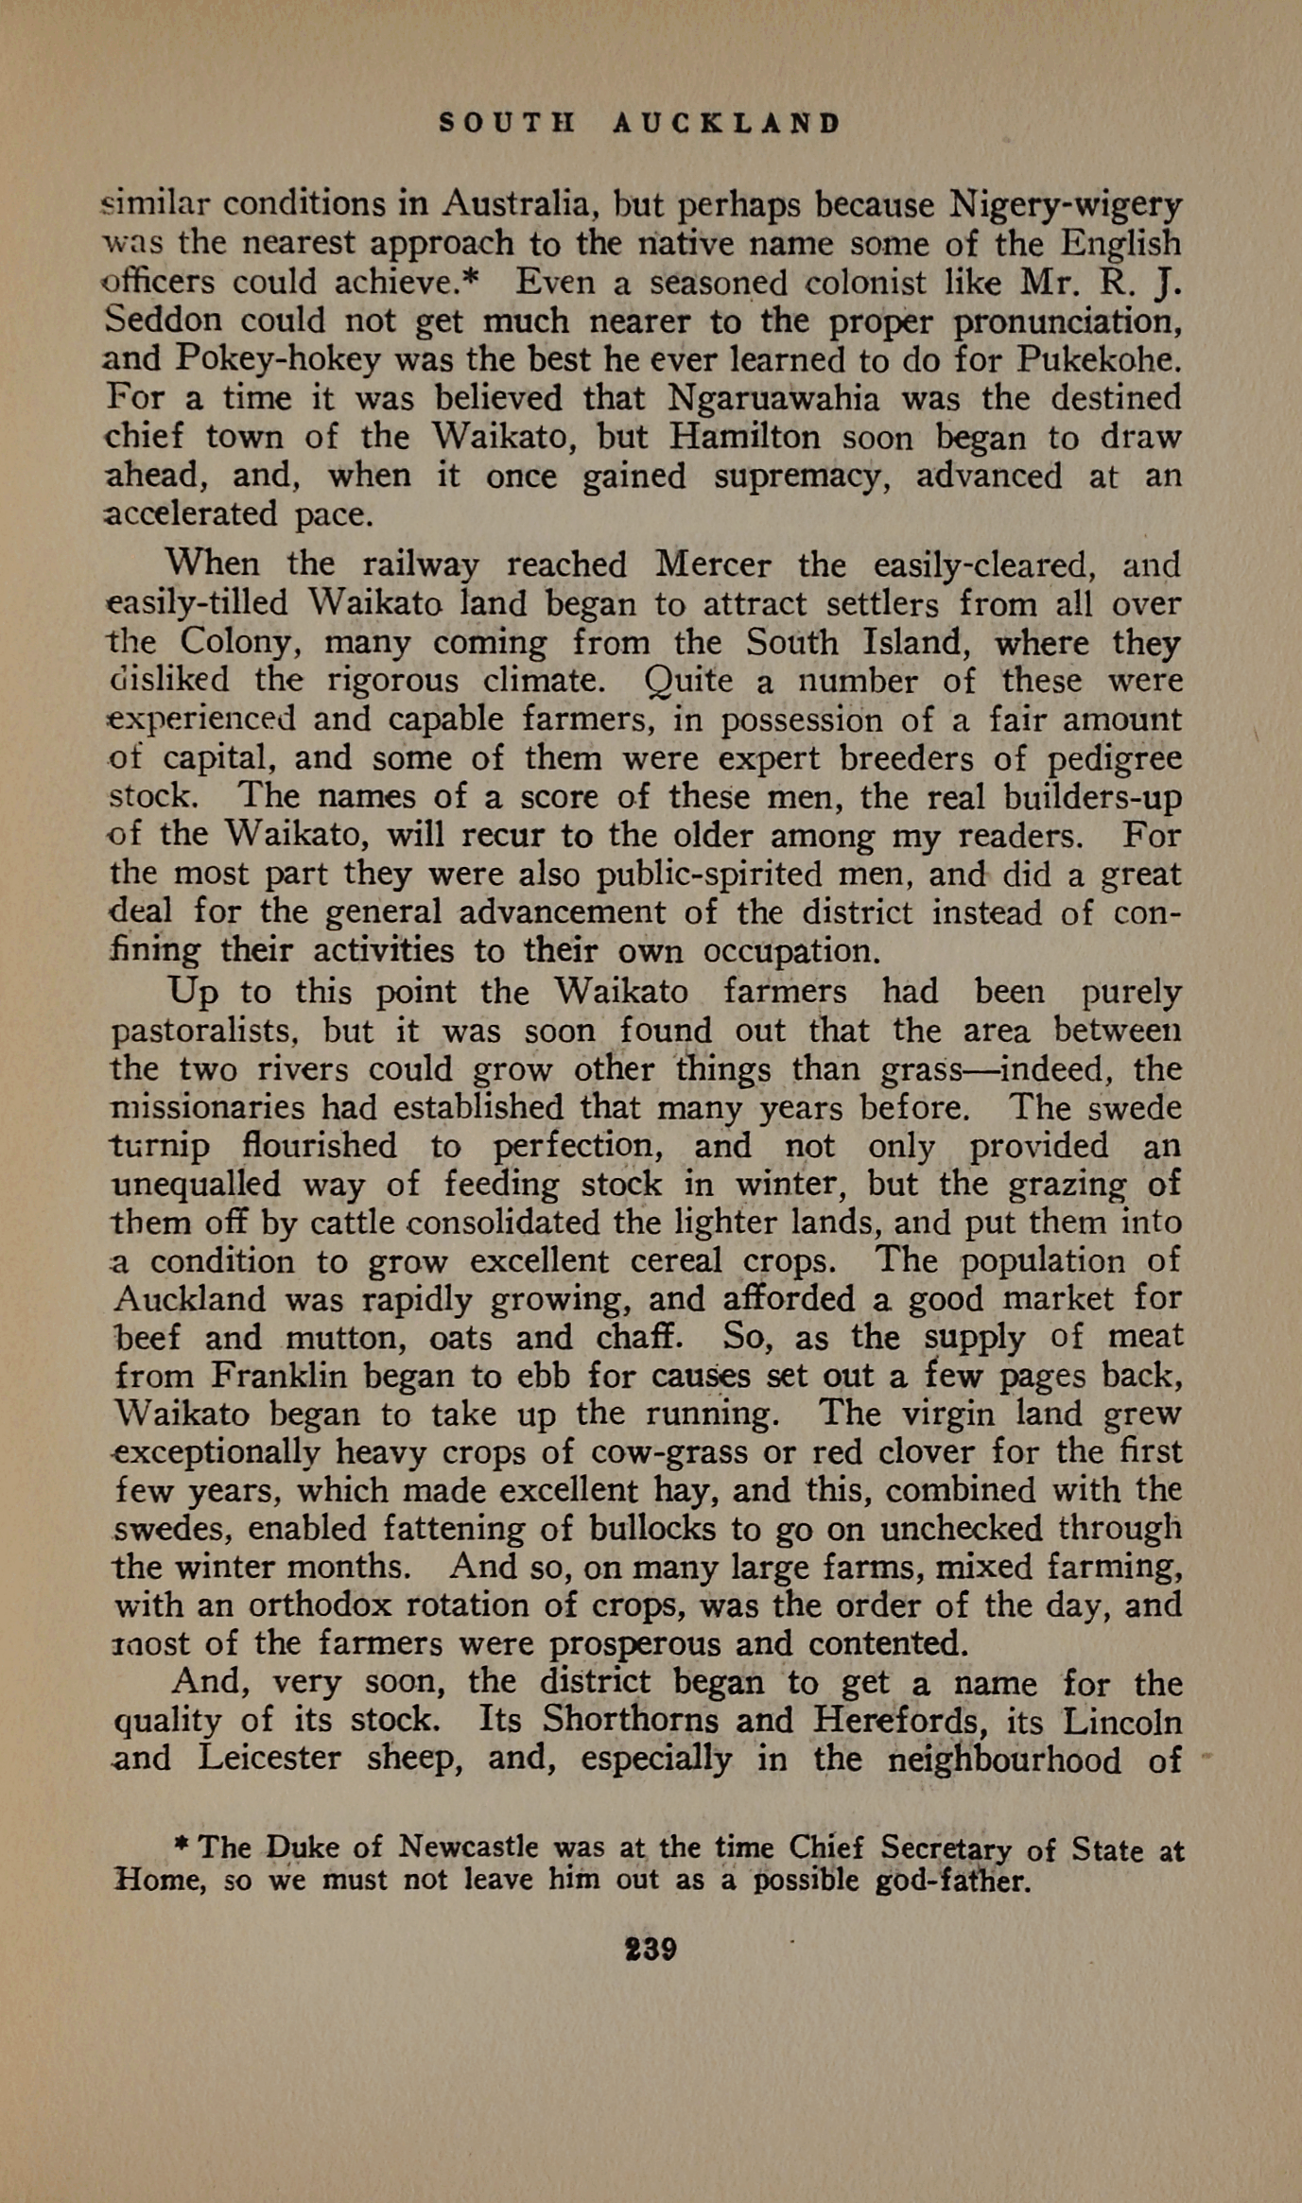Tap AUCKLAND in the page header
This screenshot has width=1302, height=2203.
tap(726, 124)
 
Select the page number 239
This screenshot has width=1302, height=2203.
tap(651, 1949)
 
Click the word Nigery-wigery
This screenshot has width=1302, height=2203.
tap(1066, 204)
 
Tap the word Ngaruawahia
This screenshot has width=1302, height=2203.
tap(773, 398)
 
